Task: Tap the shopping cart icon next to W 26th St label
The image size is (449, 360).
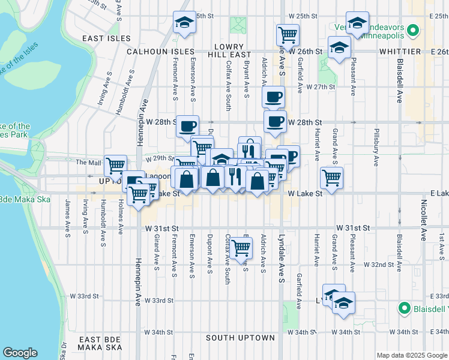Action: point(288,35)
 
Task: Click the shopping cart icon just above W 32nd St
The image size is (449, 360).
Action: point(241,247)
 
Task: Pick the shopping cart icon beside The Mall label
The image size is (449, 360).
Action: point(115,165)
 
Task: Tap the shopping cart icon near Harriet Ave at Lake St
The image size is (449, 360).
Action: point(331,177)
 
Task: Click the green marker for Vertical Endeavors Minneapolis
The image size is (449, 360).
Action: point(412,29)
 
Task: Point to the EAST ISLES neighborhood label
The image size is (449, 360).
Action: point(106,38)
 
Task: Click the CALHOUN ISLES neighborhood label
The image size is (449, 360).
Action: point(160,52)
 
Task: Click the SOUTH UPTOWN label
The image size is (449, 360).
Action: point(240,338)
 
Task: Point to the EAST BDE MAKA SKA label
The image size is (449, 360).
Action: point(99,343)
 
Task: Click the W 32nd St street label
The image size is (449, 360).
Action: point(378,264)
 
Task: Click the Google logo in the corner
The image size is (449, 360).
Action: point(20,352)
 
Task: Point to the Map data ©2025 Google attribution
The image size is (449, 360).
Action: point(411,355)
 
